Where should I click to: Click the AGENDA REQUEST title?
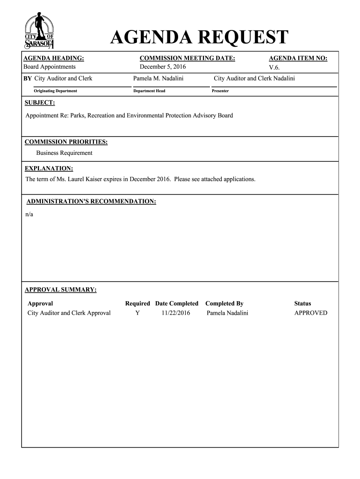[x=199, y=38]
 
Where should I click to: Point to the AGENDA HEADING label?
[x=54, y=58]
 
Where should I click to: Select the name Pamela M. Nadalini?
[x=158, y=78]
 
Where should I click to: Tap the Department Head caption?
[x=149, y=91]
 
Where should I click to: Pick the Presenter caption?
[x=220, y=91]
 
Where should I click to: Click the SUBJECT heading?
[x=40, y=102]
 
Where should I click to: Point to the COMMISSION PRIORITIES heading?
[x=66, y=142]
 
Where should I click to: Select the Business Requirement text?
[x=65, y=153]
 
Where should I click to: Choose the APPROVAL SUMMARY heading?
[x=61, y=290]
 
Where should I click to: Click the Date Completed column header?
[x=177, y=304]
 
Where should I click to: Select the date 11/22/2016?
[x=176, y=313]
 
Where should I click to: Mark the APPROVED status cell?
[x=310, y=313]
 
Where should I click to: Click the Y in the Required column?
[x=137, y=313]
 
